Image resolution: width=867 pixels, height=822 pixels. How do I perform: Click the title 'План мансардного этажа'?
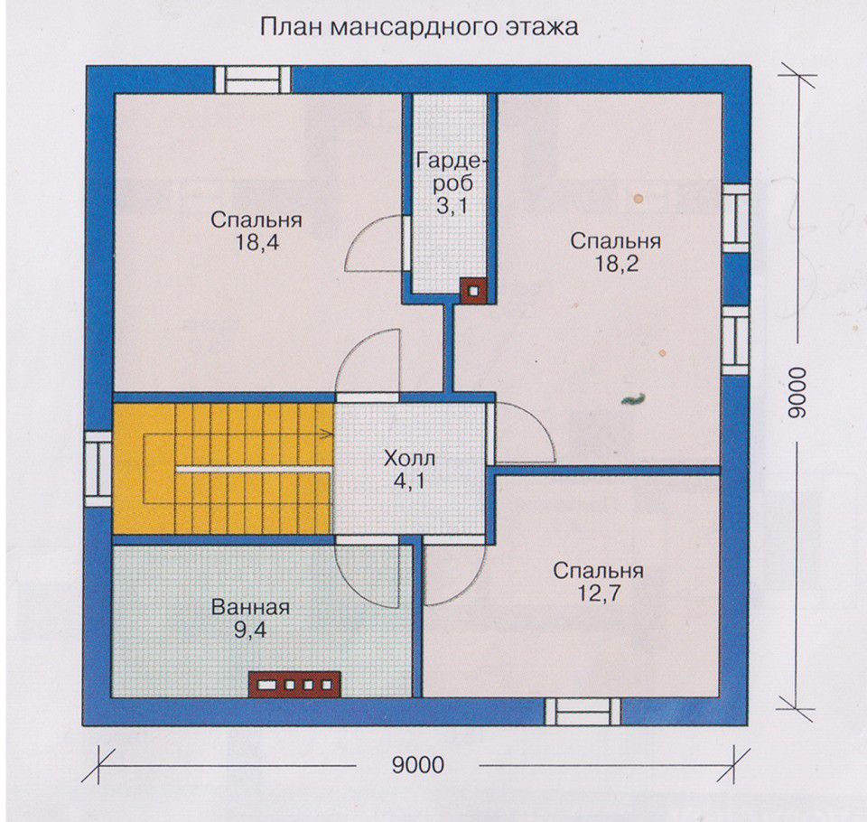pos(419,26)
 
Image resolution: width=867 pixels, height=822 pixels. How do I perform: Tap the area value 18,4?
pos(257,242)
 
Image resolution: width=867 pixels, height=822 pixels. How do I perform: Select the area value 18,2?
pos(616,264)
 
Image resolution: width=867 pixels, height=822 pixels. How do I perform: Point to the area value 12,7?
pos(600,593)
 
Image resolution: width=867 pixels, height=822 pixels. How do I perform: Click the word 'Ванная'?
pos(250,607)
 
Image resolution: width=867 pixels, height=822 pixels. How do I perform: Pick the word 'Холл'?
pos(410,459)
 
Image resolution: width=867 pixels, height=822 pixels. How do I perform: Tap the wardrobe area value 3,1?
pos(452,206)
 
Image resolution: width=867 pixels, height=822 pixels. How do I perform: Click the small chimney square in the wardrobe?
pos(474,291)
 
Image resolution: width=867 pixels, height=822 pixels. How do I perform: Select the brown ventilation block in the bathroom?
pos(294,685)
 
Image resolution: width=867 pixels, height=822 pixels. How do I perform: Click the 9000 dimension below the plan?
pos(418,765)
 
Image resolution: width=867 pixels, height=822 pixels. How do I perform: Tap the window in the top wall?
pos(253,80)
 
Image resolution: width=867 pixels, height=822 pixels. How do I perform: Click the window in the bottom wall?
pos(583,712)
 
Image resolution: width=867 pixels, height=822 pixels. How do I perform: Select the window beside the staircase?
pos(99,469)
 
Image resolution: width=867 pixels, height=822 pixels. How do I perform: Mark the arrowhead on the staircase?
pos(328,433)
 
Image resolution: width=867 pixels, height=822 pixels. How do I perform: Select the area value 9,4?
pos(250,631)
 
